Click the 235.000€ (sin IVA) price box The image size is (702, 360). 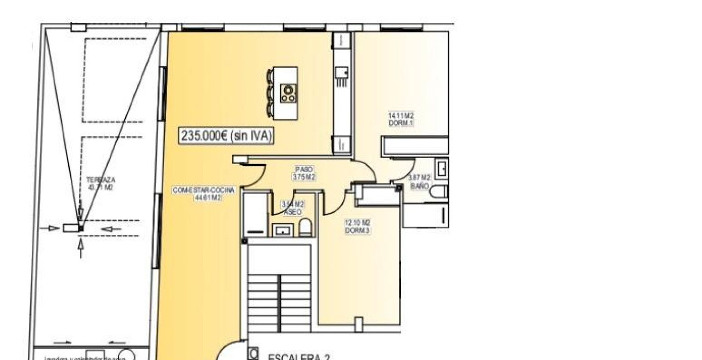pyautogui.click(x=226, y=136)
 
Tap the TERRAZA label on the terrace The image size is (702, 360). pyautogui.click(x=101, y=180)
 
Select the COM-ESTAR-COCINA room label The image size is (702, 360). pyautogui.click(x=204, y=190)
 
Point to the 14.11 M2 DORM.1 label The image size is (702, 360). pyautogui.click(x=401, y=119)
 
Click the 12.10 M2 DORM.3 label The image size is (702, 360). pyautogui.click(x=357, y=227)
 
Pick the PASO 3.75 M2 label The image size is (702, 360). pyautogui.click(x=304, y=173)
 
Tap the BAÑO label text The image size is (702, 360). pyautogui.click(x=419, y=186)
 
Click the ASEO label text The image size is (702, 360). pyautogui.click(x=293, y=212)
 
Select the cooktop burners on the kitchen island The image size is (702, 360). pyautogui.click(x=288, y=93)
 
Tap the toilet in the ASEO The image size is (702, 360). pyautogui.click(x=306, y=228)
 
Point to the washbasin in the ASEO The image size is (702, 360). pyautogui.click(x=282, y=231)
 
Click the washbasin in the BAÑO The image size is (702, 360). pyautogui.click(x=441, y=168)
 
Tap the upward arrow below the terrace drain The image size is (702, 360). pyautogui.click(x=81, y=248)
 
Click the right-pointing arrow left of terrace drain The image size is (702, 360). pyautogui.click(x=54, y=228)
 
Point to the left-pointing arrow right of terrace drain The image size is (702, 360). pyautogui.click(x=111, y=229)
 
